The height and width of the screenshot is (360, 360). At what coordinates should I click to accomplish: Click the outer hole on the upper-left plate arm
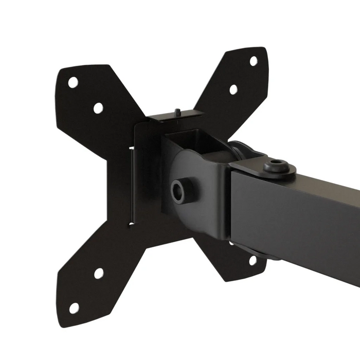(x=74, y=82)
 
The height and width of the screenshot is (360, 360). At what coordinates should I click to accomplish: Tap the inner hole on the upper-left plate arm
(x=98, y=108)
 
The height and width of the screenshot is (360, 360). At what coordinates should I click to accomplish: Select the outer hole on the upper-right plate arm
(x=254, y=61)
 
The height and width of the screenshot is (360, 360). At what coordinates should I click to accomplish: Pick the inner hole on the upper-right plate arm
(x=233, y=89)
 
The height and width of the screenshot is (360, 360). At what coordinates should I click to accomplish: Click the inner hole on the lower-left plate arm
(x=99, y=273)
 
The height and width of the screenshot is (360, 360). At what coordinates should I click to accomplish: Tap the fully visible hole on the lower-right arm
(x=253, y=260)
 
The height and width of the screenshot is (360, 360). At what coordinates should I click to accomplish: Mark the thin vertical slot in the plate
(x=132, y=185)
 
